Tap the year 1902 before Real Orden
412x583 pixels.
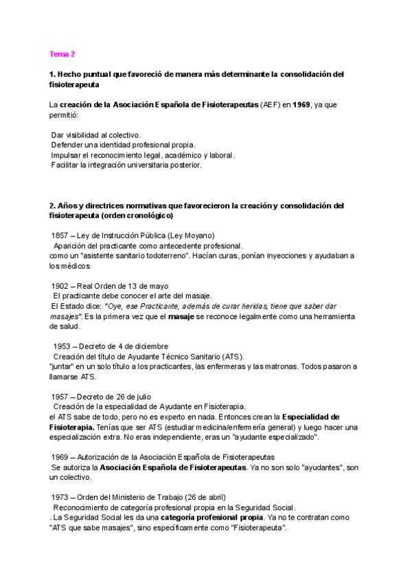click(x=62, y=286)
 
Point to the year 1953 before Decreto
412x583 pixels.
click(x=63, y=346)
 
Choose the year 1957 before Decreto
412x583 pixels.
click(x=62, y=397)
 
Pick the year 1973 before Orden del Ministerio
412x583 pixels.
click(x=62, y=497)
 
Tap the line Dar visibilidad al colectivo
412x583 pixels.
click(x=95, y=135)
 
